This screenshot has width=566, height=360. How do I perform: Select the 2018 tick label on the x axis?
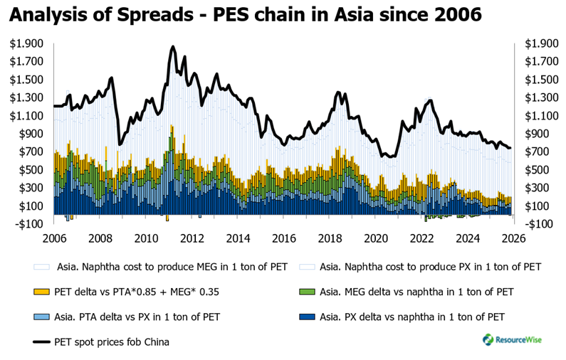(x=329, y=238)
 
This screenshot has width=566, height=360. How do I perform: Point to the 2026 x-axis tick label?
(x=513, y=238)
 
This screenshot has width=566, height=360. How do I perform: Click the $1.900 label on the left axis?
(x=26, y=43)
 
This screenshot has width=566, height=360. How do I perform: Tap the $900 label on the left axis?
(x=30, y=134)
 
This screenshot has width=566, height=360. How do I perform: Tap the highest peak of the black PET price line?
(x=173, y=47)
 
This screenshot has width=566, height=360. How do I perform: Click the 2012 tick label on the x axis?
(x=192, y=238)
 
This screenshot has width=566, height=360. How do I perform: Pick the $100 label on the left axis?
(x=30, y=206)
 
